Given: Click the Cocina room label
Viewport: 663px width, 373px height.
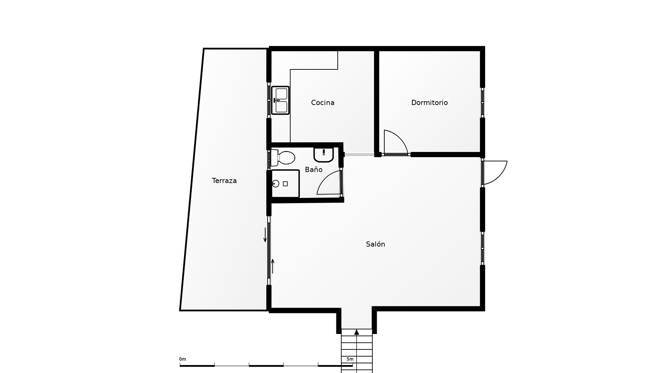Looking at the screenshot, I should pyautogui.click(x=323, y=103).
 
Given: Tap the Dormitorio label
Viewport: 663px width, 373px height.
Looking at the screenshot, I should pyautogui.click(x=429, y=103).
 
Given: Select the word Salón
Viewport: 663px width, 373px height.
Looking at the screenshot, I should pyautogui.click(x=375, y=244).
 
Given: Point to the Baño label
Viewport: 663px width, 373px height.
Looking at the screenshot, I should pyautogui.click(x=314, y=170).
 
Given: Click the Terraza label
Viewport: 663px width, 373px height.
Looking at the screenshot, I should pyautogui.click(x=224, y=181).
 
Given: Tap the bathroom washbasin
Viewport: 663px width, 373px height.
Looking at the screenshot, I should pyautogui.click(x=324, y=154).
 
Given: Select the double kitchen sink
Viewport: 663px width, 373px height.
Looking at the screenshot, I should pyautogui.click(x=280, y=100).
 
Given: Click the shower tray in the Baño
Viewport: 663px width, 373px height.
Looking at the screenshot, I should pyautogui.click(x=285, y=184).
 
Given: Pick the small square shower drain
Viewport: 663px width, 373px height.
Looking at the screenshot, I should pyautogui.click(x=285, y=184).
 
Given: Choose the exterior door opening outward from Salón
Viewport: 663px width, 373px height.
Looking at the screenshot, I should pyautogui.click(x=496, y=172).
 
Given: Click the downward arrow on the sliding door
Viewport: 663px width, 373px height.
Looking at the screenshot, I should pyautogui.click(x=265, y=235).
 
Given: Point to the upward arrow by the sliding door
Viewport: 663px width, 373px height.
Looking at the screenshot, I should pyautogui.click(x=272, y=266).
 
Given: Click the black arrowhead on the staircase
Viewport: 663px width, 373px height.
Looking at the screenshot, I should pyautogui.click(x=357, y=332).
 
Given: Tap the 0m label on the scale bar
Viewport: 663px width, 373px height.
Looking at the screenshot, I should pyautogui.click(x=183, y=359).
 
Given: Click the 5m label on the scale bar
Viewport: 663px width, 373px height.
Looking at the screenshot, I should pyautogui.click(x=350, y=359).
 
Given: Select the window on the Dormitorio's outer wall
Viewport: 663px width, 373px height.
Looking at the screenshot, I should pyautogui.click(x=482, y=103).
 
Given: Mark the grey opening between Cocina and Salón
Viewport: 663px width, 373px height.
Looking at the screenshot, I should pyautogui.click(x=359, y=154).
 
